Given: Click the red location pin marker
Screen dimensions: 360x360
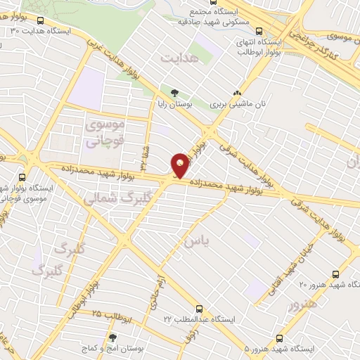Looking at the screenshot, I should tap(181, 165).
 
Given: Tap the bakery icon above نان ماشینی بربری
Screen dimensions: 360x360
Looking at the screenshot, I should tap(237, 92).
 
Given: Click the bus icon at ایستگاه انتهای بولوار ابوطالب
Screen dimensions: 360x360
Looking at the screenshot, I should tap(259, 30).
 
